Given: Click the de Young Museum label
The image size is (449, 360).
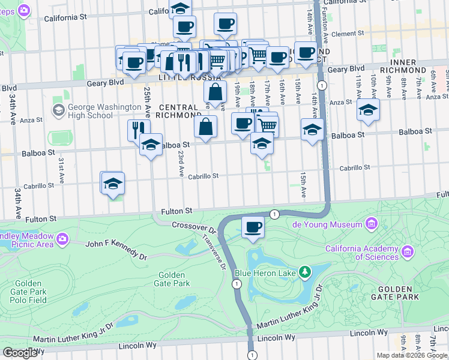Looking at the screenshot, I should coord(327,224).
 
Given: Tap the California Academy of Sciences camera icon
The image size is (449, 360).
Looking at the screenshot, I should coord(408,250).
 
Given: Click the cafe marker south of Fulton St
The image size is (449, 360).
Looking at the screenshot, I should coord(253,227).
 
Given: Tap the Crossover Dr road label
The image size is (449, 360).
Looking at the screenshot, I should coord(193,226).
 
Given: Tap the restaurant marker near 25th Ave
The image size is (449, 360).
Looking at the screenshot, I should coord(139,129).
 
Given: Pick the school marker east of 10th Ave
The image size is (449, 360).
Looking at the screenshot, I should coord(368,110).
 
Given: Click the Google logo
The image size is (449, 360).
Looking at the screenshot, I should coord(20,353).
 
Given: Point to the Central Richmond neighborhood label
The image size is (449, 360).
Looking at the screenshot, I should coord(179,110).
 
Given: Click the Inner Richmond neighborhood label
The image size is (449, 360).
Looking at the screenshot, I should coord(411,66).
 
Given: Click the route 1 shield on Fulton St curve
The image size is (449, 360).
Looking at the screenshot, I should coord(274,214).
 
